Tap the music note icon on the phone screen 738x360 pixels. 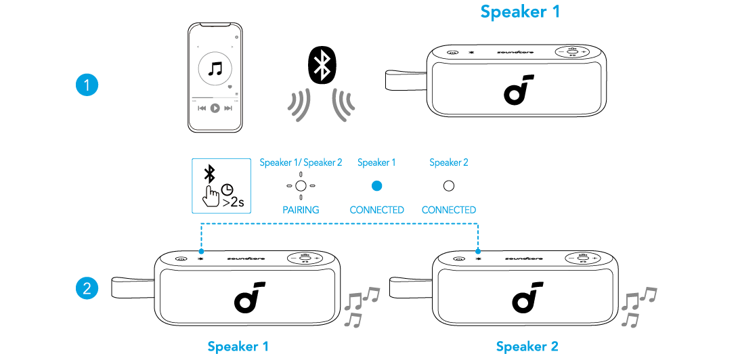[x=215, y=68]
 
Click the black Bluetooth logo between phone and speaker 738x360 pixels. [x=322, y=65]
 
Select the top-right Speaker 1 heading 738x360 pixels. [x=520, y=12]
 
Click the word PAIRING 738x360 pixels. [x=301, y=210]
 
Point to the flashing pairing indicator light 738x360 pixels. [x=301, y=185]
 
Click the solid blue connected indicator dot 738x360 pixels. [x=377, y=185]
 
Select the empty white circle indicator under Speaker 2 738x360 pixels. [x=448, y=185]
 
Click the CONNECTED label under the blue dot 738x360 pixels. [x=377, y=210]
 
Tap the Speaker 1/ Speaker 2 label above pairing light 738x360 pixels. [x=301, y=162]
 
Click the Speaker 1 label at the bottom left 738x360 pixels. [x=238, y=346]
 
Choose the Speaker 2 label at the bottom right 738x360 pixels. [x=527, y=346]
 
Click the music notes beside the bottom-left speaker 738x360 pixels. [x=361, y=307]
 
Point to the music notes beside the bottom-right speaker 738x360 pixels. [x=639, y=307]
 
